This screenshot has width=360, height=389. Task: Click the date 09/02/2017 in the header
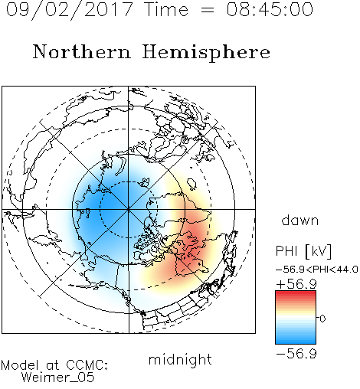pyautogui.click(x=70, y=10)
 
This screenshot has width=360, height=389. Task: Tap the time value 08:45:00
pyautogui.click(x=270, y=9)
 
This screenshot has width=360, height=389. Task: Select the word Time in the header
pyautogui.click(x=166, y=9)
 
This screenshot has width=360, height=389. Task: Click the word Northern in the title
pyautogui.click(x=82, y=51)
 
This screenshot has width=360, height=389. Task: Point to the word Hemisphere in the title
pyautogui.click(x=206, y=53)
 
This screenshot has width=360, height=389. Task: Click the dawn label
pyautogui.click(x=300, y=220)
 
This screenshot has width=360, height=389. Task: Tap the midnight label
pyautogui.click(x=180, y=359)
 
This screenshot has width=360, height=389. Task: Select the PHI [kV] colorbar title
pyautogui.click(x=303, y=251)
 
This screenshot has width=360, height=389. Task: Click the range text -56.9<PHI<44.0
pyautogui.click(x=316, y=270)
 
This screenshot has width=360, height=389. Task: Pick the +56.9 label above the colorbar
pyautogui.click(x=296, y=284)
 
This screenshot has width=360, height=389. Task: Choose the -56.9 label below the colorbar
pyautogui.click(x=296, y=354)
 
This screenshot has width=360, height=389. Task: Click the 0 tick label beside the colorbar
pyautogui.click(x=322, y=319)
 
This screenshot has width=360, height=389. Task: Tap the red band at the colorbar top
pyautogui.click(x=296, y=293)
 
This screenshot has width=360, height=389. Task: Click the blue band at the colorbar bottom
pyautogui.click(x=296, y=341)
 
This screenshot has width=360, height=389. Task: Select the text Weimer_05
pyautogui.click(x=58, y=378)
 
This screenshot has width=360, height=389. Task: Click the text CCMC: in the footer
pyautogui.click(x=87, y=365)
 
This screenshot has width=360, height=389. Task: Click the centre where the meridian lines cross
pyautogui.click(x=129, y=210)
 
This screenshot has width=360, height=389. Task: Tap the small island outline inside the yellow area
pyautogui.click(x=191, y=184)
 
